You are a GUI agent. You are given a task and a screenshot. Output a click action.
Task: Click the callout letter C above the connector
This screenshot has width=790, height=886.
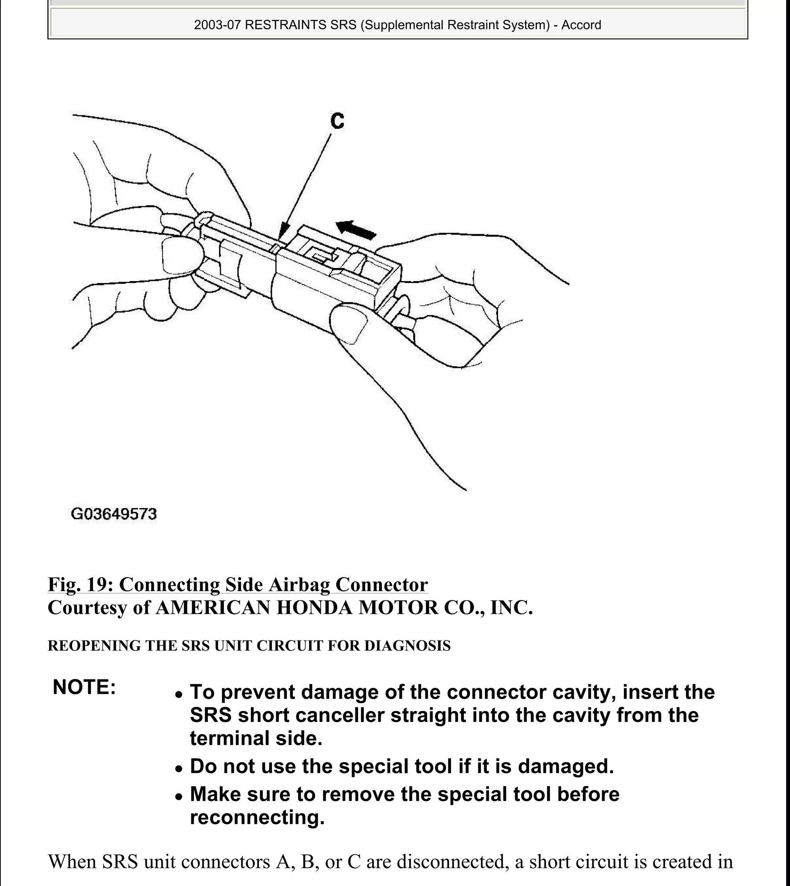tap(337, 121)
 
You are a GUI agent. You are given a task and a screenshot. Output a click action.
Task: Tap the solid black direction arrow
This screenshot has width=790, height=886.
tap(356, 229)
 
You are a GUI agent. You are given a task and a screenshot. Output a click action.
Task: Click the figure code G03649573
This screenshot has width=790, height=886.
tap(113, 514)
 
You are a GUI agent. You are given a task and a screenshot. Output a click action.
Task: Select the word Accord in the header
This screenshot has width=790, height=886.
tap(581, 25)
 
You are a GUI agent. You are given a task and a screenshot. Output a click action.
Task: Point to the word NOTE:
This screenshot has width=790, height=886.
tap(84, 688)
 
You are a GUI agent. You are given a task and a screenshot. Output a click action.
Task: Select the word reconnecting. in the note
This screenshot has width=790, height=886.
tap(257, 817)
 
